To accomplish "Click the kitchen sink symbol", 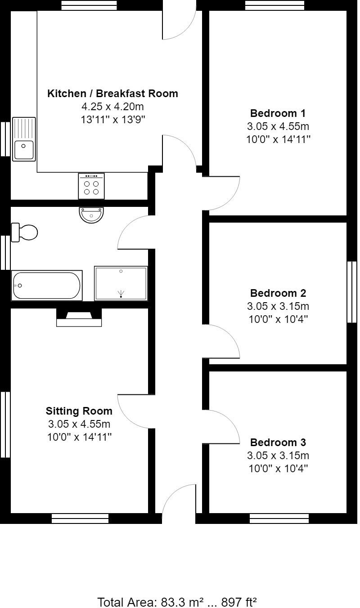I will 24,139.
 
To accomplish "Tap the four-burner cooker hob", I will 91,186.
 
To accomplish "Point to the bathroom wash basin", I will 91,215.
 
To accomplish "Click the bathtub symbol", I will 47,286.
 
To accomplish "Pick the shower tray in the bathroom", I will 121,283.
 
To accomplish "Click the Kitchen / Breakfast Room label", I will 112,94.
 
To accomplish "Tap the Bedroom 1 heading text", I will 278,113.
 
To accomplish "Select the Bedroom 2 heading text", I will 278,293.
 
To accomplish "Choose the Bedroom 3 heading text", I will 278,442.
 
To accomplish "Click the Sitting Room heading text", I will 79,411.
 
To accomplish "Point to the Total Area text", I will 177,602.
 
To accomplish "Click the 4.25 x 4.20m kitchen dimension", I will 112,107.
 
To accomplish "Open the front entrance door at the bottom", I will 179,503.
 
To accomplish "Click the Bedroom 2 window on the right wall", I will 352,292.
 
